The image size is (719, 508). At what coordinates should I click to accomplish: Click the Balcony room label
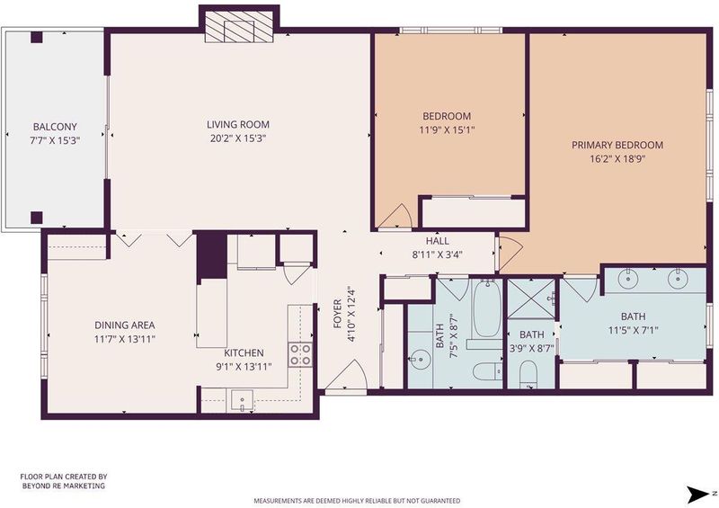point(55,127)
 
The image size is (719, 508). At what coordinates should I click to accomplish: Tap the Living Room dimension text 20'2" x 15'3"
point(238,138)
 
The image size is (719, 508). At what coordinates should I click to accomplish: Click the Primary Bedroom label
point(617,145)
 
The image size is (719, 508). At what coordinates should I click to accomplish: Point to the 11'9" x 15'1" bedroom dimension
point(447,129)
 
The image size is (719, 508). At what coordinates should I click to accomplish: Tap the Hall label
point(438,241)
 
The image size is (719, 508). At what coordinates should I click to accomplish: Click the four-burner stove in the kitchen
point(300,355)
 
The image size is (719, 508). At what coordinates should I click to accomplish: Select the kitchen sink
point(242,400)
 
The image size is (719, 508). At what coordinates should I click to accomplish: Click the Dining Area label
point(125,325)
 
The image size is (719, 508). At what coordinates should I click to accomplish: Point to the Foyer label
point(338,314)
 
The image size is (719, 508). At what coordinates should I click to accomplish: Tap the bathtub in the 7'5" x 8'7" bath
point(487,308)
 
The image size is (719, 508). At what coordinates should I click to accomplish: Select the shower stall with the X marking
point(531,299)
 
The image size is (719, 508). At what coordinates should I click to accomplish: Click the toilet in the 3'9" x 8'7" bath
point(528,373)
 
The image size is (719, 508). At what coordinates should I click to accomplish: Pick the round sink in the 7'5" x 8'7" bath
point(420,360)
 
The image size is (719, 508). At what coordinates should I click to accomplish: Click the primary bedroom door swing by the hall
point(510,254)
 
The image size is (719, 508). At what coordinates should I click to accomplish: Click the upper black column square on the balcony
point(37,37)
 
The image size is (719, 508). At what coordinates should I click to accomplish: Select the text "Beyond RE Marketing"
point(64,486)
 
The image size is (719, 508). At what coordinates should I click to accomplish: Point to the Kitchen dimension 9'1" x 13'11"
point(244,367)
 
